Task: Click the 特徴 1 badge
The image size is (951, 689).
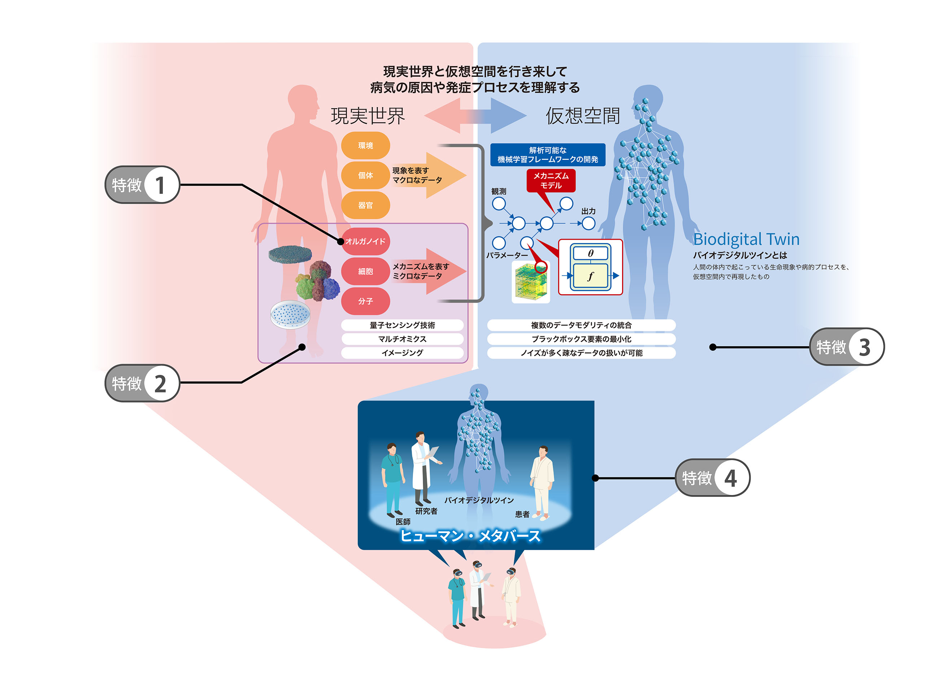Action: (142, 185)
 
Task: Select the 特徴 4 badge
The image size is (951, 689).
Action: (712, 478)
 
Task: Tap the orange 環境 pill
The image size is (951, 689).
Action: (365, 146)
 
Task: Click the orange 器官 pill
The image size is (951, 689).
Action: (365, 205)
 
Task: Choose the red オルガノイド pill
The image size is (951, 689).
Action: (366, 241)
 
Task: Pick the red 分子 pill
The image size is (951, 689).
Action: (365, 301)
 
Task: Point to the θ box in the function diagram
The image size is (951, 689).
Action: (590, 253)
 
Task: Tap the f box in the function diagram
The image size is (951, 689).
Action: (590, 276)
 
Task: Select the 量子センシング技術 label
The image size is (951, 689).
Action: (402, 325)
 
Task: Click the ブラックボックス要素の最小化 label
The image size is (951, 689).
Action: (581, 339)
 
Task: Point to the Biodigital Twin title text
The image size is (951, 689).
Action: (746, 239)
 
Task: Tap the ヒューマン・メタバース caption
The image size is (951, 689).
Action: (470, 536)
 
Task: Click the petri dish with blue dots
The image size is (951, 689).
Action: (290, 314)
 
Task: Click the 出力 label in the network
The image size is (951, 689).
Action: (588, 211)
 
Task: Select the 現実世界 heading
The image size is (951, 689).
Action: (368, 116)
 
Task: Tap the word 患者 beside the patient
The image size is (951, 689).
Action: (522, 514)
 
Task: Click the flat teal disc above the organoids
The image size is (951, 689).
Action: (290, 254)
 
